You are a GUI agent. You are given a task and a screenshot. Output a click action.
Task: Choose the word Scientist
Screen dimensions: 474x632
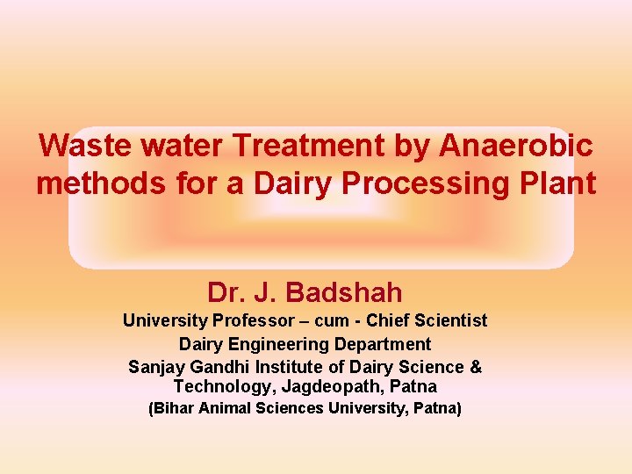(450, 320)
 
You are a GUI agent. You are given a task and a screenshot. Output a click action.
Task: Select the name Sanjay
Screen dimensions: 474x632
(155, 366)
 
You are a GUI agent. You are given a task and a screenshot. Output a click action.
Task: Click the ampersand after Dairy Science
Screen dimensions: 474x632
(476, 366)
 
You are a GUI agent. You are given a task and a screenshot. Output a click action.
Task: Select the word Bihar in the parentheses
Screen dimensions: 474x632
(172, 408)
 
